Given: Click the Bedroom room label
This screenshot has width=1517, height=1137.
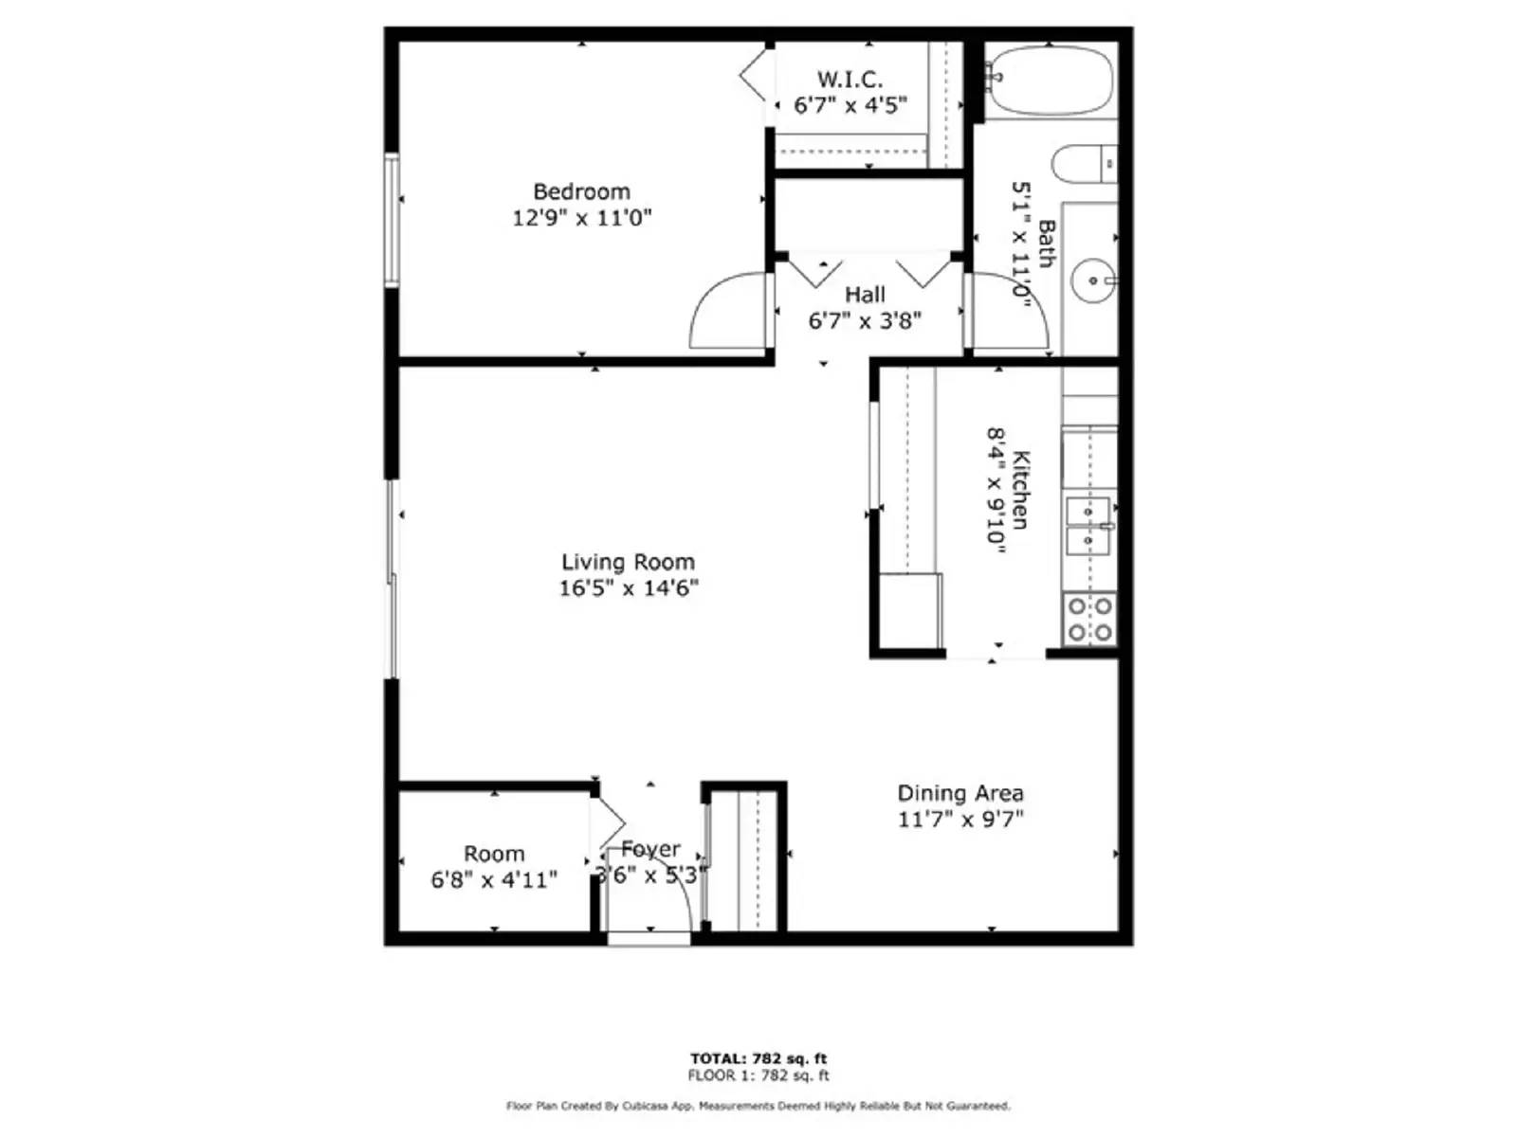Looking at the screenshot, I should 581,192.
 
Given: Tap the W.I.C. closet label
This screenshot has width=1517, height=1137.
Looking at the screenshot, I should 850,80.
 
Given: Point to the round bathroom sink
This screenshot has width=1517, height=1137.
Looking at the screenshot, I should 1093,280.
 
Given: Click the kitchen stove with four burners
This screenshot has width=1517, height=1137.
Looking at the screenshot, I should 1089,619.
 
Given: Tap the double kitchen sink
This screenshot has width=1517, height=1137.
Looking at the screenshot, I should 1088,526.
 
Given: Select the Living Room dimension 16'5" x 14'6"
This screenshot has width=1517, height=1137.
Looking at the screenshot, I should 628,588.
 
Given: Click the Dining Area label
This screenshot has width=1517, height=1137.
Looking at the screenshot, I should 960,793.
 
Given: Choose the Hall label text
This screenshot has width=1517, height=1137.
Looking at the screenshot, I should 865,296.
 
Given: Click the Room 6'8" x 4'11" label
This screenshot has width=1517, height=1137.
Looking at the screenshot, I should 494,867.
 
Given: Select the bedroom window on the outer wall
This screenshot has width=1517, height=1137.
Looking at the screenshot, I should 392,219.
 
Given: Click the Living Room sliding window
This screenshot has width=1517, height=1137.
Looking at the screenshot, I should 392,578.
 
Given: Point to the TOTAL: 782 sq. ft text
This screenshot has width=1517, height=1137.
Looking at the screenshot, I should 758,1058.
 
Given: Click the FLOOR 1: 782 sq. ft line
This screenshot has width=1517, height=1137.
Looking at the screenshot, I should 758,1075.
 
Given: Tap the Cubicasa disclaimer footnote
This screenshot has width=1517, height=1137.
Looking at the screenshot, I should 758,1106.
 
